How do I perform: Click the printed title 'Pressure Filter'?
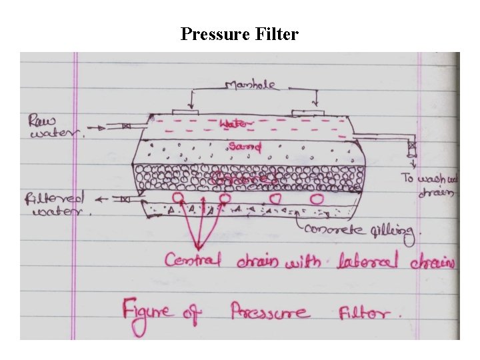[x=239, y=33]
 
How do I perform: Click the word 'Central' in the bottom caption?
[x=193, y=259]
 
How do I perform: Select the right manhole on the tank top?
[x=307, y=111]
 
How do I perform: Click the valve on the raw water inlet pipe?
[x=125, y=125]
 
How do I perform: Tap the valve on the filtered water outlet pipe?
[x=125, y=199]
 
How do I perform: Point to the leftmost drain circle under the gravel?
[x=179, y=198]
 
